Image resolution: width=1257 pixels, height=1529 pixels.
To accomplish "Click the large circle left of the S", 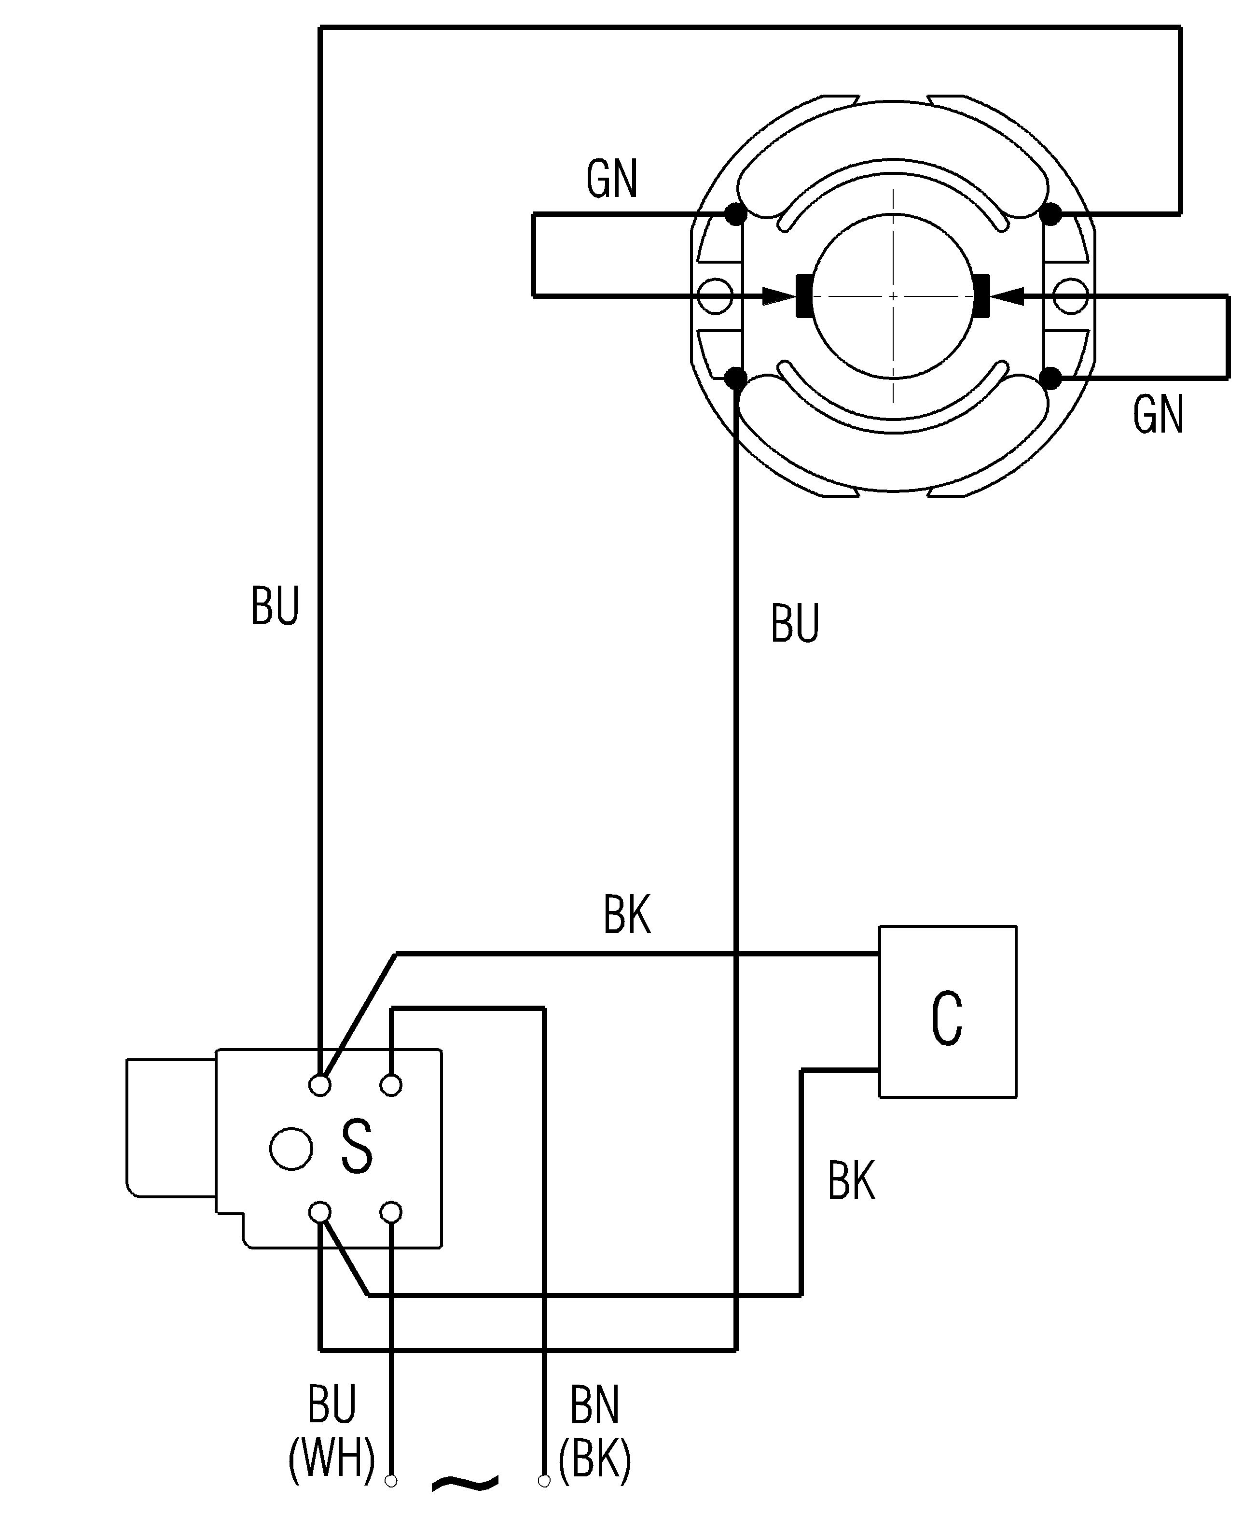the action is [291, 1149].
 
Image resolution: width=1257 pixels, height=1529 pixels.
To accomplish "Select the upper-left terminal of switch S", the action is [319, 1085].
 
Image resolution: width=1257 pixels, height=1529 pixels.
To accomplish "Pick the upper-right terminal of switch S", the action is [391, 1085].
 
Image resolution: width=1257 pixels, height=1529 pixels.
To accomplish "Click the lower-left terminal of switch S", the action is [319, 1212].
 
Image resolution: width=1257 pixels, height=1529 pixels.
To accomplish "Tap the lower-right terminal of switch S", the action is [391, 1212].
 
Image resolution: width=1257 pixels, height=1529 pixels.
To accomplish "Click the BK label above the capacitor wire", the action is [627, 915].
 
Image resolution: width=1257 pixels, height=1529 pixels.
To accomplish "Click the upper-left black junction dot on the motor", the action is [736, 214].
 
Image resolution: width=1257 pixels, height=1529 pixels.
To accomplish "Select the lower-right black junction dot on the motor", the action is [1050, 378].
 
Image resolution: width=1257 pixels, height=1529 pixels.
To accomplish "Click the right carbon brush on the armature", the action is [982, 295].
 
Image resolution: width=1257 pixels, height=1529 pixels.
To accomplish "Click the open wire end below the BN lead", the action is [544, 1481].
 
